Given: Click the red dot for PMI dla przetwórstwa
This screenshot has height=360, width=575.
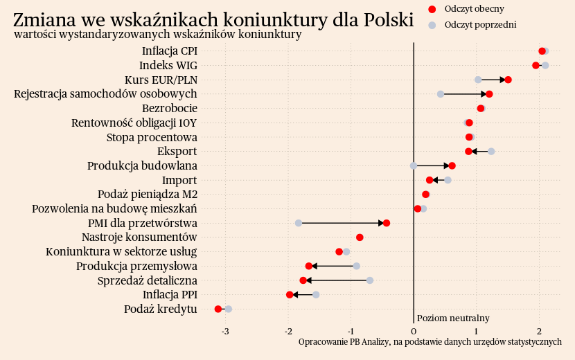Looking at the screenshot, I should click(387, 223).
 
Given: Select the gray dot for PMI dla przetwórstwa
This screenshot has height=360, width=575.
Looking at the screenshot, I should click(299, 223).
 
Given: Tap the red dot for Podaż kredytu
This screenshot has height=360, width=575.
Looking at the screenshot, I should click(218, 309).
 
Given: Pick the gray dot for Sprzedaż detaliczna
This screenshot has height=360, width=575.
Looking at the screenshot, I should click(370, 280).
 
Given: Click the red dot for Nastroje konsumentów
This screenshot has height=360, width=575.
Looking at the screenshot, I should click(360, 237).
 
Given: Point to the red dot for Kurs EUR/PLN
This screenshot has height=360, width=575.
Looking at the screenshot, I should click(508, 80).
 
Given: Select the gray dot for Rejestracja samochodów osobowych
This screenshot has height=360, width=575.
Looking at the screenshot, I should click(441, 94).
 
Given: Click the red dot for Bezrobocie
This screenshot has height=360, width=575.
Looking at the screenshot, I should click(481, 109).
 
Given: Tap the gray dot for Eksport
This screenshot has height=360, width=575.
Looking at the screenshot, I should click(491, 151).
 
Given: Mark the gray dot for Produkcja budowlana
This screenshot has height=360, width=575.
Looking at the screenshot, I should click(414, 165).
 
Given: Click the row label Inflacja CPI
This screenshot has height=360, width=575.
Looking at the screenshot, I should click(170, 51).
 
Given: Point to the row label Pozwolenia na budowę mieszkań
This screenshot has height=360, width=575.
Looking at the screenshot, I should click(115, 208).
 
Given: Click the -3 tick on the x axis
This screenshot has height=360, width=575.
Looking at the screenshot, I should click(225, 332).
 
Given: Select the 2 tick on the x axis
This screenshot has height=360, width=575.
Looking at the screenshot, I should click(540, 332).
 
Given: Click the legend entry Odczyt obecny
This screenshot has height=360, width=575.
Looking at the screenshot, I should click(475, 9).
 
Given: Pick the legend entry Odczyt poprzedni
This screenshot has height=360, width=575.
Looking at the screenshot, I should click(481, 25).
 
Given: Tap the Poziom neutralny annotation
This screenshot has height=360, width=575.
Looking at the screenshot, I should click(453, 318).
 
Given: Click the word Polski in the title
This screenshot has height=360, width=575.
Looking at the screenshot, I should click(383, 20).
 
